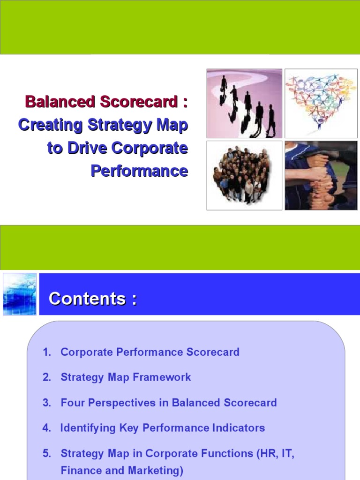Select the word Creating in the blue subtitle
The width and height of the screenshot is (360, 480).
click(44, 125)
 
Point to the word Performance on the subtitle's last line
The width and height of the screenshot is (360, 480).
click(139, 171)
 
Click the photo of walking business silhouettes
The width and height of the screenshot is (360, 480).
click(244, 104)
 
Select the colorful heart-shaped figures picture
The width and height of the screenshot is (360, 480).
click(321, 104)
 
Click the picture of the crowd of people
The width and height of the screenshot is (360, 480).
click(244, 175)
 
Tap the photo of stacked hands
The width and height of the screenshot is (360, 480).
click(321, 175)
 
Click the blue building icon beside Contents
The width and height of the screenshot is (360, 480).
click(19, 294)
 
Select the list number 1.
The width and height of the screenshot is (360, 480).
click(46, 352)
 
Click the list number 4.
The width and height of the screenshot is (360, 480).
click(46, 428)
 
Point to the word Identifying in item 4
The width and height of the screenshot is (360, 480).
click(84, 428)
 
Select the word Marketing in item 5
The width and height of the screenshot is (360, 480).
click(156, 470)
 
